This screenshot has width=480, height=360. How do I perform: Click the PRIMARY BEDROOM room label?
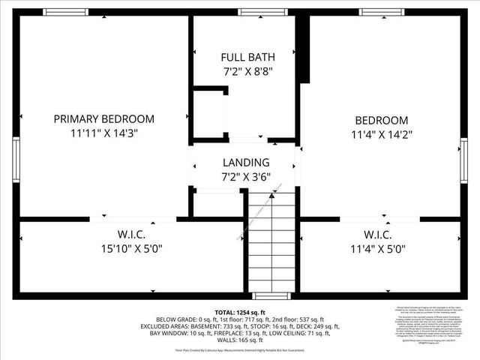(x=104, y=118)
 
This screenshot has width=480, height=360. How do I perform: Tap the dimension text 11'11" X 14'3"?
(x=104, y=133)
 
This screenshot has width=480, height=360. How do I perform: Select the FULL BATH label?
(x=247, y=57)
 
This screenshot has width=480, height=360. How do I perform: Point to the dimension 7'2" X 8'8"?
(x=247, y=71)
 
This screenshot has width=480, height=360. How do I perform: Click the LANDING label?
(x=246, y=163)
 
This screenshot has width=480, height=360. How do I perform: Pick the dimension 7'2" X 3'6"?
(x=246, y=177)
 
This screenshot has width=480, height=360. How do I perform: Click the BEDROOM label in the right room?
(x=381, y=121)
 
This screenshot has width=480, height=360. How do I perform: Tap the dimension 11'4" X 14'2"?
(x=381, y=135)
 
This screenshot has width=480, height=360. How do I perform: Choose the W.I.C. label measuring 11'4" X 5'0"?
(x=381, y=233)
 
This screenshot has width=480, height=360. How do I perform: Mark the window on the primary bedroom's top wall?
(x=65, y=12)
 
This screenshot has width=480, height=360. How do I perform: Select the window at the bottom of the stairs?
(x=265, y=295)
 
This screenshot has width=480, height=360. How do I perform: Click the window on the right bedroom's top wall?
(x=378, y=12)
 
